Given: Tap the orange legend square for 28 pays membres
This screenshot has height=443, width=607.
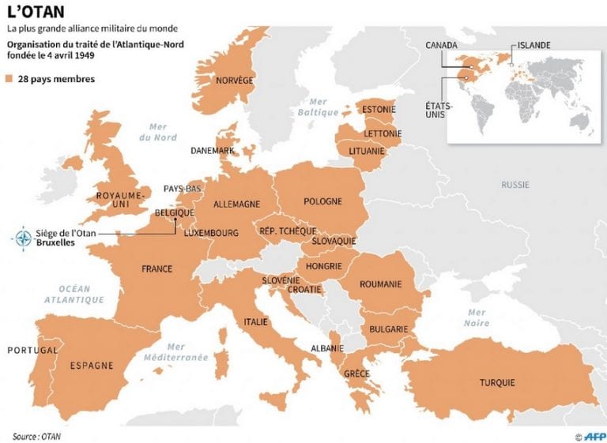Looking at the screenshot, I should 9,79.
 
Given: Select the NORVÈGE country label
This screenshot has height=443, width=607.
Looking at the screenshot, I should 235,81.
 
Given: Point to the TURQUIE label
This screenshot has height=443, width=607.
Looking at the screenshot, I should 496,383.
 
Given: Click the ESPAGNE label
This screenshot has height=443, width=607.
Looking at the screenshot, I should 92,366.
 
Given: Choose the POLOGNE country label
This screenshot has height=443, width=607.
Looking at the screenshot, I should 322,201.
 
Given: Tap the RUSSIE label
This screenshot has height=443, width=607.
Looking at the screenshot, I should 515,185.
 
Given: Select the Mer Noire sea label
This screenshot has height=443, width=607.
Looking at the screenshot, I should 477,317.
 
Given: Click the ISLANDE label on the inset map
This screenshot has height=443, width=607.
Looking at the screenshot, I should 533,45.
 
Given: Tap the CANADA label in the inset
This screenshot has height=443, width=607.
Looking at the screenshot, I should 441,45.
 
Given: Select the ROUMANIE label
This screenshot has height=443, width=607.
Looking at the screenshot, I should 380,283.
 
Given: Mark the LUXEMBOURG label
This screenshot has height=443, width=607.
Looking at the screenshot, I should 211,233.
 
